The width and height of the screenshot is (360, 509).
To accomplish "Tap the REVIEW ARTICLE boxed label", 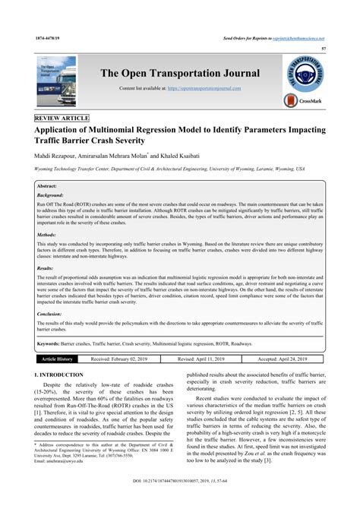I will pyautogui.click(x=62, y=119).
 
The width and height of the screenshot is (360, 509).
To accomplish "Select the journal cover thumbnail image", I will pyautogui.click(x=53, y=79).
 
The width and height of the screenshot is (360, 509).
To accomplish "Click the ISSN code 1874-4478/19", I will pyautogui.click(x=48, y=36).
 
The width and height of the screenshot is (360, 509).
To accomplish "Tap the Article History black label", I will pyautogui.click(x=57, y=358).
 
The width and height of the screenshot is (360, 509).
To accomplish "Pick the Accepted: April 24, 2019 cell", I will pyautogui.click(x=289, y=358).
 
